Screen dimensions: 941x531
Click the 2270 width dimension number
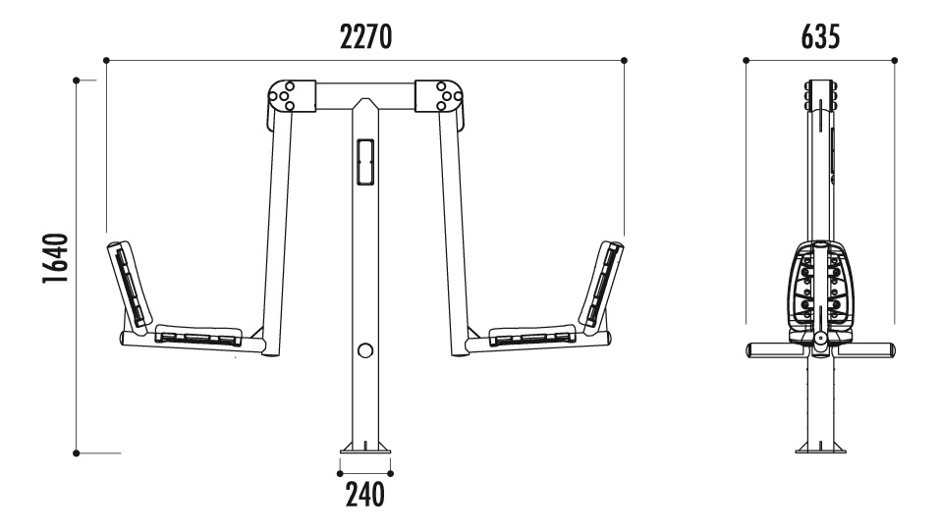365,36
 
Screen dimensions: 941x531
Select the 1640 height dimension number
56,258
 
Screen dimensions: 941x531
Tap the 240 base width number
364,495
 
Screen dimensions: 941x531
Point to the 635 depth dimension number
820,36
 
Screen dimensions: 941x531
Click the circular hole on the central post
364,350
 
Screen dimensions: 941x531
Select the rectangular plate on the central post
364,162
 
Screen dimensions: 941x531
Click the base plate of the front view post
364,448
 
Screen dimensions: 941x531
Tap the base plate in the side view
820,448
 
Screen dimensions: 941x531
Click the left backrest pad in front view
129,284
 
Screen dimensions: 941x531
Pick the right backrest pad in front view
601,284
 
